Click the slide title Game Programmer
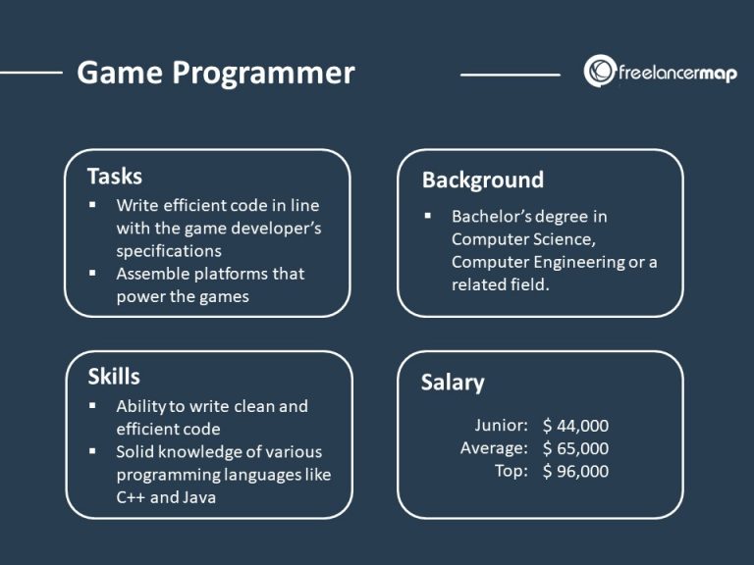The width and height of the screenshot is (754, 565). pos(215,74)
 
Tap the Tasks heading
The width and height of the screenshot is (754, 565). pos(114,177)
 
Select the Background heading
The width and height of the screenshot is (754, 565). pos(482,180)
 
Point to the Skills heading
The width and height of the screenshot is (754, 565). pos(113,377)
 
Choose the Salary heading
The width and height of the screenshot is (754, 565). pos(453,382)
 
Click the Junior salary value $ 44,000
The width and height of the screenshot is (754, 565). pos(575,426)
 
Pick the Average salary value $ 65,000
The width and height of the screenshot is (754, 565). pos(575,448)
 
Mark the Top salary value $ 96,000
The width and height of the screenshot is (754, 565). pos(575,471)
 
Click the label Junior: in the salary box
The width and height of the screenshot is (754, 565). pos(501,426)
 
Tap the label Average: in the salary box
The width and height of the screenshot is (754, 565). pos(495,448)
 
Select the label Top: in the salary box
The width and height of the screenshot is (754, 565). pos(512,471)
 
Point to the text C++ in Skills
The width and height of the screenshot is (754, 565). pos(133,497)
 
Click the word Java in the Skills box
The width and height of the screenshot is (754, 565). pos(201,497)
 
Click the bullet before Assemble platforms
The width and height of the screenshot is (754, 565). pos(92,273)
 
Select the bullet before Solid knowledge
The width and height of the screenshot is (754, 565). pos(92,451)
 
